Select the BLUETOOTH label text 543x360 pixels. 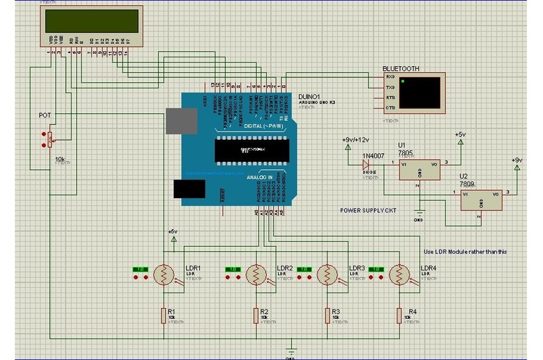click(x=401, y=69)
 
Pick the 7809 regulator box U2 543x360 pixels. click(x=482, y=198)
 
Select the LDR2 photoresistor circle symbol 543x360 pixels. click(x=255, y=274)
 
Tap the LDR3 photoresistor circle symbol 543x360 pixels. click(x=327, y=274)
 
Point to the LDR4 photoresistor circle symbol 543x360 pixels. click(x=400, y=274)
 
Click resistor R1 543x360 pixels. click(x=164, y=315)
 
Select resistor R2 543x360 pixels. click(x=255, y=315)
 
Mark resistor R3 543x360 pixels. click(x=327, y=315)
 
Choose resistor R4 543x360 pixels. click(x=400, y=315)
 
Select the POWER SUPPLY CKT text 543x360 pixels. click(x=369, y=211)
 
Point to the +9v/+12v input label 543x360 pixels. click(x=356, y=139)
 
